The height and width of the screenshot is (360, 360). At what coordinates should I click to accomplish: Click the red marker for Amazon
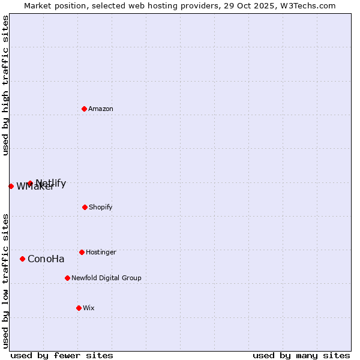click(x=85, y=109)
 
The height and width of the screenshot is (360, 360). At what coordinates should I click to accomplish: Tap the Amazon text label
click(x=101, y=109)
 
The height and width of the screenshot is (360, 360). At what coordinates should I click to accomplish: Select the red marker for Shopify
click(x=85, y=207)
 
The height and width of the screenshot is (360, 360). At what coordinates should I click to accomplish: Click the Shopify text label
click(x=101, y=207)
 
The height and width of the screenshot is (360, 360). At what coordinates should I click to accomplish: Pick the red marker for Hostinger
click(x=82, y=252)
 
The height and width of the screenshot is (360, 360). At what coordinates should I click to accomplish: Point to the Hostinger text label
click(x=101, y=252)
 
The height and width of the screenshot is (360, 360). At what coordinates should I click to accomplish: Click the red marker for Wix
click(x=79, y=308)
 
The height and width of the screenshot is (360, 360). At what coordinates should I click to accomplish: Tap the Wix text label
click(x=89, y=308)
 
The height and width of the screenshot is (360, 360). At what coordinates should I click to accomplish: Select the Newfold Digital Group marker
click(x=67, y=278)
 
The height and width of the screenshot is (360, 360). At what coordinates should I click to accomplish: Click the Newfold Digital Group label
click(x=106, y=278)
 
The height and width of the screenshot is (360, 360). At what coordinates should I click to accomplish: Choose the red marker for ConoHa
click(x=23, y=259)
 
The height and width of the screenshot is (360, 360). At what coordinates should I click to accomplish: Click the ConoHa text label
click(x=46, y=259)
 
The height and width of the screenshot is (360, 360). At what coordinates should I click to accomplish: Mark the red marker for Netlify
click(x=30, y=183)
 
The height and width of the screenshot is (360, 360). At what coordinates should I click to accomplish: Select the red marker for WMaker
click(x=11, y=186)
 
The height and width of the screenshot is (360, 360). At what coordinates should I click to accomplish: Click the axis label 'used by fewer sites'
click(x=62, y=355)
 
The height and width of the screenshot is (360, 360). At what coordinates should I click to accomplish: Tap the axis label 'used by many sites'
click(x=301, y=355)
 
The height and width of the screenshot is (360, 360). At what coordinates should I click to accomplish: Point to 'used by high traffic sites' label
click(x=6, y=85)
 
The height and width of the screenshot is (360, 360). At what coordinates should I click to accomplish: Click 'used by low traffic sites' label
click(x=6, y=281)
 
